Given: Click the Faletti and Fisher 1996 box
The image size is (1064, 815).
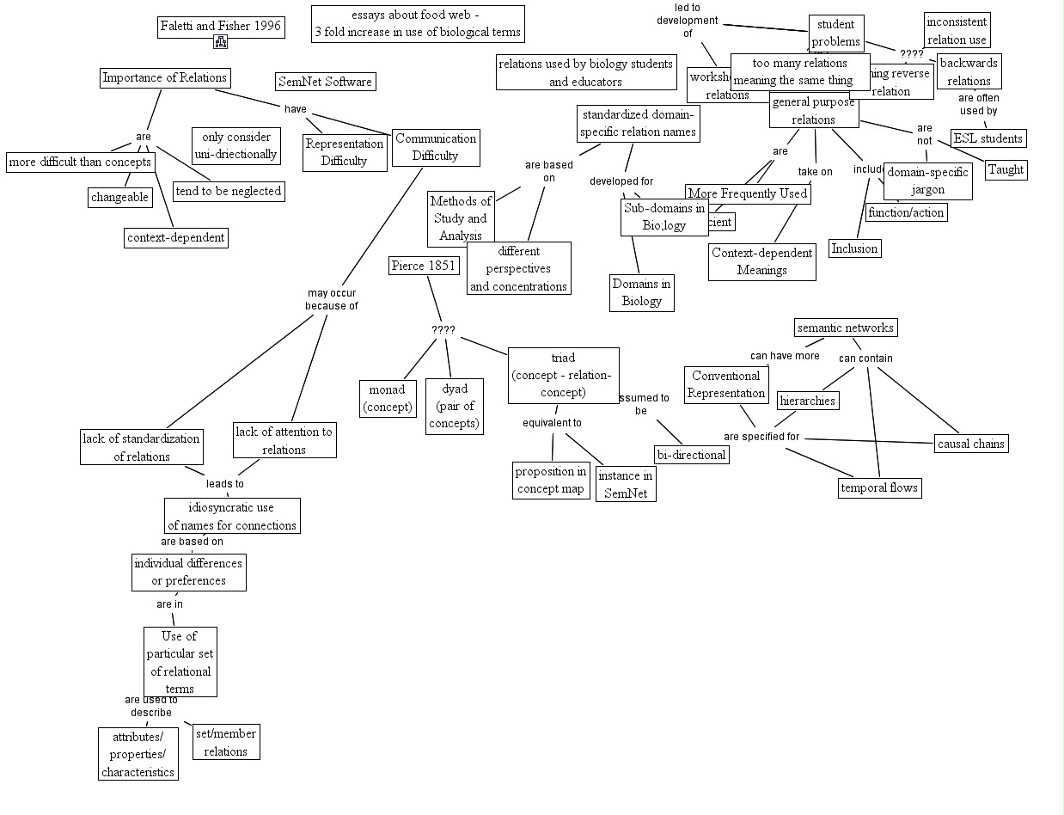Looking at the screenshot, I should (x=221, y=26).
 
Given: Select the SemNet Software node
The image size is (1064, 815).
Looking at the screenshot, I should (x=326, y=82).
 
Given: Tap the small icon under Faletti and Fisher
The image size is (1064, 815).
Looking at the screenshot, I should (x=221, y=42).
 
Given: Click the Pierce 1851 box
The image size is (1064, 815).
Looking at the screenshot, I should (x=423, y=266).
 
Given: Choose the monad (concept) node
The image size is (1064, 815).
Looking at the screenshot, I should (x=387, y=399).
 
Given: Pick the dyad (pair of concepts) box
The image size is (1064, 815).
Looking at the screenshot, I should (x=455, y=407).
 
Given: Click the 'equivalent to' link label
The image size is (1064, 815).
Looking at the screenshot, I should (x=553, y=423).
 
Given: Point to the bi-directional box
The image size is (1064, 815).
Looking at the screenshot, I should (x=692, y=455).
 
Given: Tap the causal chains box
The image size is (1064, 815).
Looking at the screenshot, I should (x=971, y=444).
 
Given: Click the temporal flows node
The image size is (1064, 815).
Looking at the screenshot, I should (x=879, y=487).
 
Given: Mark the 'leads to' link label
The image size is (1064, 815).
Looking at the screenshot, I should (x=225, y=484).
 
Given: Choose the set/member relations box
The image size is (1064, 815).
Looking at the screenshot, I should (x=226, y=743).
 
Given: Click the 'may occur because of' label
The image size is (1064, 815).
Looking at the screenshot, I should (x=332, y=299).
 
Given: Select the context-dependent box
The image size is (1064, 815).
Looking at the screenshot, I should (x=176, y=237).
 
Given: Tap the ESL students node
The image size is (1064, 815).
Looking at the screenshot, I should (x=988, y=138).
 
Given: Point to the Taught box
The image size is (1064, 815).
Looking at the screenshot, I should (x=1006, y=169).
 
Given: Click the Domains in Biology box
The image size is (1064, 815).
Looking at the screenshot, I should (x=642, y=292).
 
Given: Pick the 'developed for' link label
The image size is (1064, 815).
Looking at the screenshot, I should (x=621, y=181).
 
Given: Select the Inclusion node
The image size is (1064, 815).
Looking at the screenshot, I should (x=854, y=248).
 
